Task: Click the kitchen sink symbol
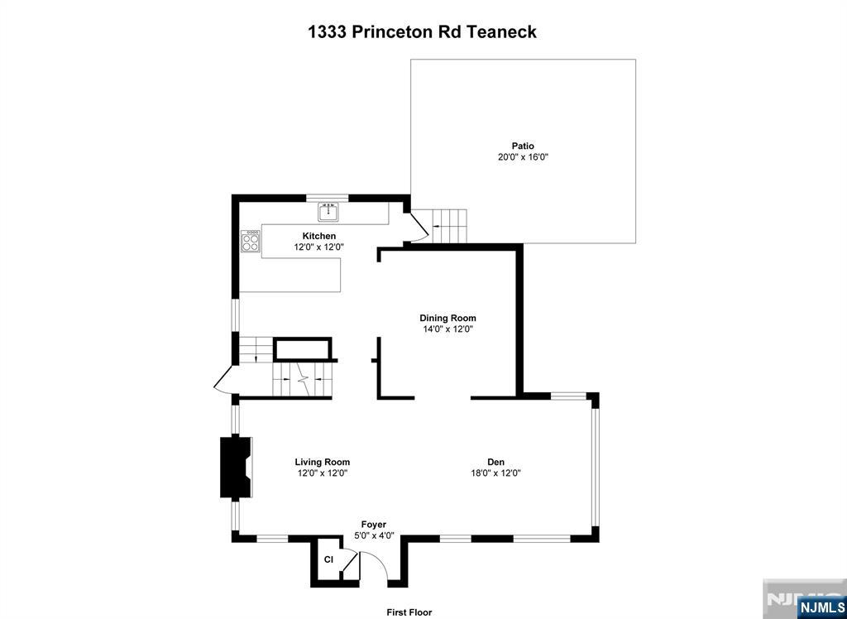(328, 211)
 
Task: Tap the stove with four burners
(250, 241)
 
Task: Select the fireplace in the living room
(236, 467)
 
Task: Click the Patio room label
(523, 146)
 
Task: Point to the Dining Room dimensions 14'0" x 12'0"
(447, 329)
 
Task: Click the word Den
(496, 462)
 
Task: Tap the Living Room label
(322, 462)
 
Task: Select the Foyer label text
(374, 525)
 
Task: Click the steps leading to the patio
(449, 225)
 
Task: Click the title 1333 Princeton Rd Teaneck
(423, 31)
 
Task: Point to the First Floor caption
(409, 612)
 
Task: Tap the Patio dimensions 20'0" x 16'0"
(523, 157)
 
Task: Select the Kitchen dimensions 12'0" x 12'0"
(318, 247)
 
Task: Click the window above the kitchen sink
(328, 197)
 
